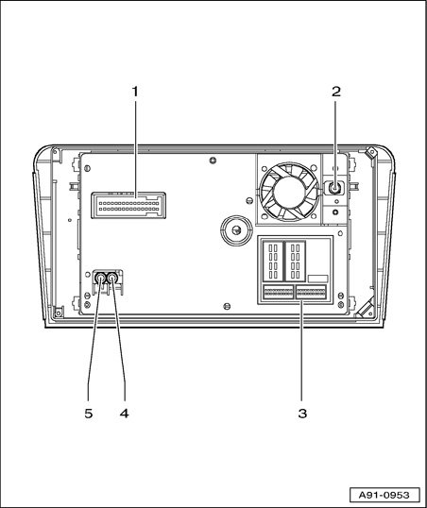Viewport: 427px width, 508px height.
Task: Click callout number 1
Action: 135,92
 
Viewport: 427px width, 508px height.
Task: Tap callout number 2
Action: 336,92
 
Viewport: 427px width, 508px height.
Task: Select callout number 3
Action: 302,414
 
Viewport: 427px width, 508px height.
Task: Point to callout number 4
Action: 125,414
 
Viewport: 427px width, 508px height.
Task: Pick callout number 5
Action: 89,414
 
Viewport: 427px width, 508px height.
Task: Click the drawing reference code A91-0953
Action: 384,495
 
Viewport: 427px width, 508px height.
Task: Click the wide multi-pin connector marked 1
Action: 128,206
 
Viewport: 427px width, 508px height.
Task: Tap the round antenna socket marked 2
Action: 334,188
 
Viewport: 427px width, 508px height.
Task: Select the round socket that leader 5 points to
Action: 100,279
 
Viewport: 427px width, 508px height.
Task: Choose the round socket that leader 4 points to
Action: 112,279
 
